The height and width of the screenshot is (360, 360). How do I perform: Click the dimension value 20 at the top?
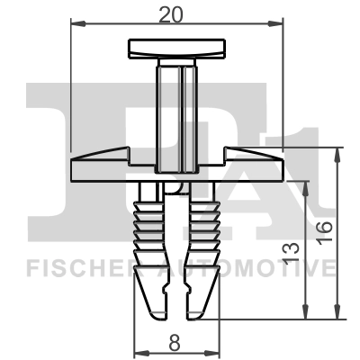coord(175,14)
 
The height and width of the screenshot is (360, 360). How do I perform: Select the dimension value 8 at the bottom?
coord(175,341)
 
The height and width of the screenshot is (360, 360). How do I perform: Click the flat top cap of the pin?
coord(175,47)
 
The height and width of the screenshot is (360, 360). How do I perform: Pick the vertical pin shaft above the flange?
coord(176,112)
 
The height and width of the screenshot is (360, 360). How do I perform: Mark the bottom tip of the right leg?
coord(200,310)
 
